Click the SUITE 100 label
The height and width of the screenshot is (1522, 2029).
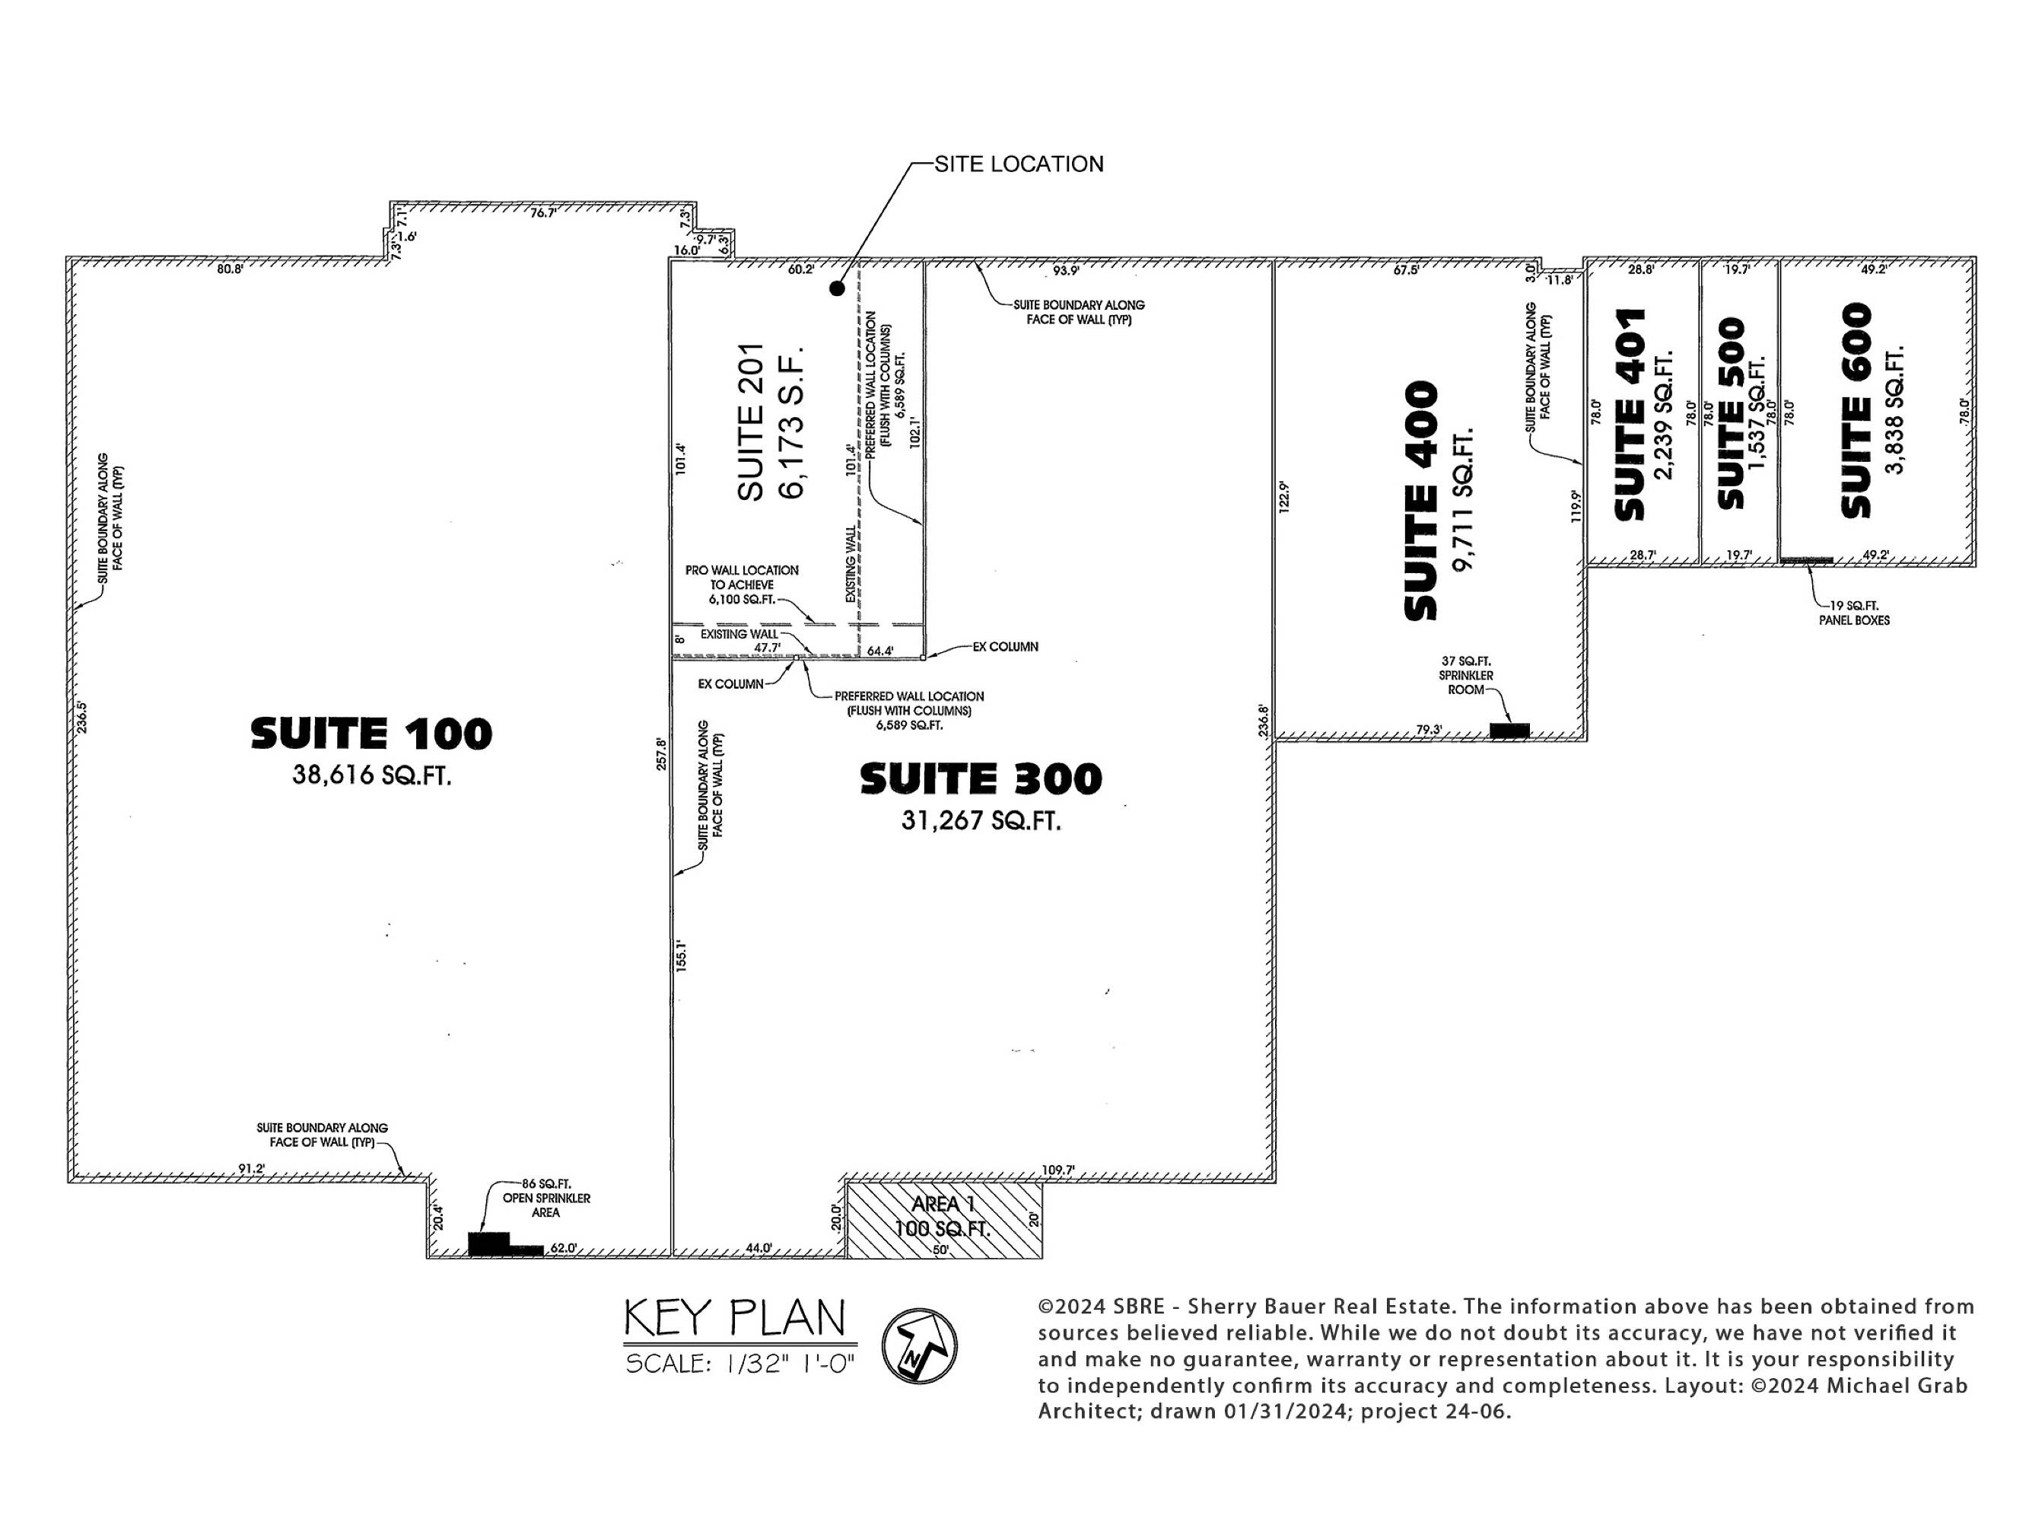371,734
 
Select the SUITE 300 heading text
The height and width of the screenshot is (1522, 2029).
981,779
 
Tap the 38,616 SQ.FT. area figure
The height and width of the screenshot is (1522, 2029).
371,775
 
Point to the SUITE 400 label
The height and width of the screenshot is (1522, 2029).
1421,501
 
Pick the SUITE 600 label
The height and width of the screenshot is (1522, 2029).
1856,410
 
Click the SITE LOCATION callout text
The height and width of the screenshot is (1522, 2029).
1019,164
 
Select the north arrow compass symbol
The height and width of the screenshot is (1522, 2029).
919,1346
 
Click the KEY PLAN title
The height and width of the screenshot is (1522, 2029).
735,1318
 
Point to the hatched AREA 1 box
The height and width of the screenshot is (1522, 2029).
944,1220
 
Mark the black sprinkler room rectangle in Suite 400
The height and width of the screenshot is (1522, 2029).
1510,731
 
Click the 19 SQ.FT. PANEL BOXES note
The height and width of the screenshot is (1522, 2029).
1854,613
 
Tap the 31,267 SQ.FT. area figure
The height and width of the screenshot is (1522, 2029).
981,820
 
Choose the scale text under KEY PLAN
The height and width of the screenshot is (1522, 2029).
740,1363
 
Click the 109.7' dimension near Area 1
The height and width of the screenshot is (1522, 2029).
1057,1170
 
